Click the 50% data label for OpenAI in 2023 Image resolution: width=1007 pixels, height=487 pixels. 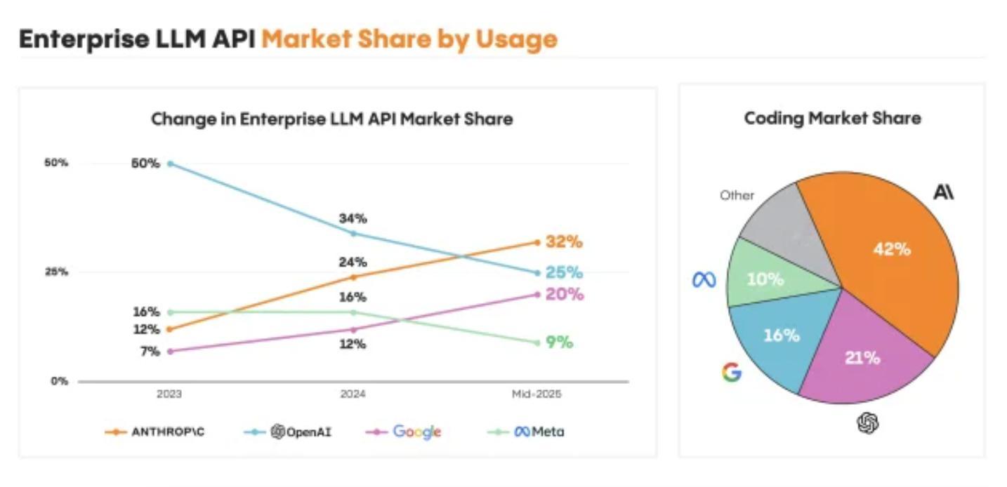pyautogui.click(x=146, y=164)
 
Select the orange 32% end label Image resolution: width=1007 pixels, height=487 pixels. pyautogui.click(x=565, y=242)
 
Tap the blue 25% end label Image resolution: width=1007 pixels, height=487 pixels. pyautogui.click(x=565, y=272)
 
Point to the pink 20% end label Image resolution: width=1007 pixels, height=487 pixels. pyautogui.click(x=565, y=294)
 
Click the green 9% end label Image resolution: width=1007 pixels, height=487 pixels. pyautogui.click(x=559, y=342)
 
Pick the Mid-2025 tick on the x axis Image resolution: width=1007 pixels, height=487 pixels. pyautogui.click(x=537, y=394)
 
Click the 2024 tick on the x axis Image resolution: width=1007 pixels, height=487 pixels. pyautogui.click(x=353, y=394)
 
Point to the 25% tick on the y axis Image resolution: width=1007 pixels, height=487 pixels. pyautogui.click(x=57, y=272)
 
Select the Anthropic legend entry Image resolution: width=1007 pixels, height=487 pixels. pyautogui.click(x=155, y=432)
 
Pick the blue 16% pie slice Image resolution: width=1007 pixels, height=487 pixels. pyautogui.click(x=779, y=337)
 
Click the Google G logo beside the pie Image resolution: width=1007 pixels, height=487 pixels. pyautogui.click(x=731, y=372)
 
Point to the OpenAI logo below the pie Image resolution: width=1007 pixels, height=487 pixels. pyautogui.click(x=868, y=422)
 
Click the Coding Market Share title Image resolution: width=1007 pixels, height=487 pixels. pyautogui.click(x=832, y=118)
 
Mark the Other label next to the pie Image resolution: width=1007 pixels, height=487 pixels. pyautogui.click(x=737, y=195)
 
